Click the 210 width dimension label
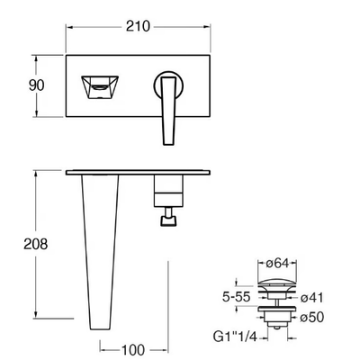click(x=138, y=26)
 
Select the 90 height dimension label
click(x=36, y=85)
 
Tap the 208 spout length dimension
click(x=36, y=244)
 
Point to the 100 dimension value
click(x=133, y=350)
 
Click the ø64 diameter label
click(x=277, y=263)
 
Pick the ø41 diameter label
click(x=312, y=298)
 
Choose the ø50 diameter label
click(x=312, y=317)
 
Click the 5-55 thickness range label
click(x=236, y=297)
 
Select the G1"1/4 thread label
click(x=235, y=337)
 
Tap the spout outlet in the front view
click(x=100, y=87)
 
